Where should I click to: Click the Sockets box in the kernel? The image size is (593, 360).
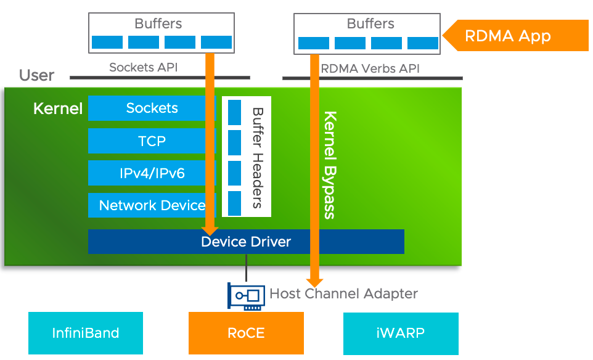click(152, 108)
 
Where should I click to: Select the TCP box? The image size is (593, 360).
click(152, 141)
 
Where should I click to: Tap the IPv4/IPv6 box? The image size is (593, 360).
click(152, 173)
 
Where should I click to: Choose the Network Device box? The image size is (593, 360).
click(152, 205)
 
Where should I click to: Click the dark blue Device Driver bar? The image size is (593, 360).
click(246, 242)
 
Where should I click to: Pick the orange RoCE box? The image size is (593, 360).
click(246, 333)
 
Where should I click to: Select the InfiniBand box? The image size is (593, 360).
click(86, 333)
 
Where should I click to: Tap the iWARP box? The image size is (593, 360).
click(401, 333)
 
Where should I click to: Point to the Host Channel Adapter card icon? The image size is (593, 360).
click(246, 295)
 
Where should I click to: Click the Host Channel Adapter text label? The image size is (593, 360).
click(343, 293)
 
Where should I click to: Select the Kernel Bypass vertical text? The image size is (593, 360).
click(330, 165)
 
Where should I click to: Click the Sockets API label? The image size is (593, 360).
click(143, 67)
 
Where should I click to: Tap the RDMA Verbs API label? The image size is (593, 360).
click(370, 68)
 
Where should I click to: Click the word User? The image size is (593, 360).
click(36, 76)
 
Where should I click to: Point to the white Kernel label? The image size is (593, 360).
click(58, 109)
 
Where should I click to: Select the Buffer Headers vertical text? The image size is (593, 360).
click(258, 158)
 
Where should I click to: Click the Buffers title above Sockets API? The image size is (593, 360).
click(158, 23)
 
